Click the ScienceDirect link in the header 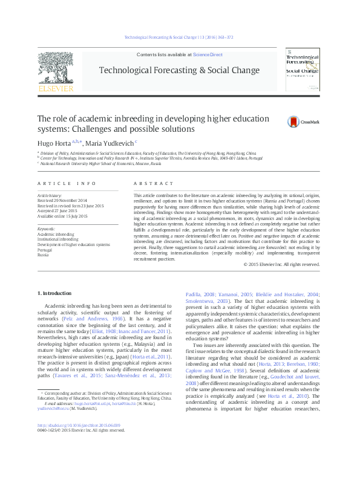208,54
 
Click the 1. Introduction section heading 54,293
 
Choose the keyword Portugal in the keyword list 45,250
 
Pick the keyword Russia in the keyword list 43,255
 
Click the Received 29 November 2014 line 62,201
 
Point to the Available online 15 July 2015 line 62,216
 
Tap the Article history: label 50,196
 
